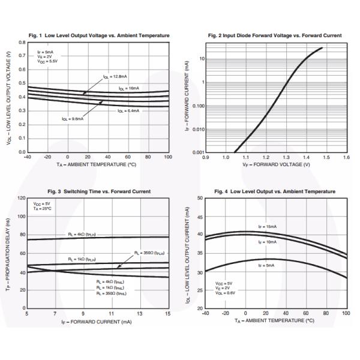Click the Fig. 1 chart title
[98, 35]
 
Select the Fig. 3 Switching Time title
[97, 191]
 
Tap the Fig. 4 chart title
[275, 191]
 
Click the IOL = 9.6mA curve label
[73, 119]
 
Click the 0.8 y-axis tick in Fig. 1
[22, 42]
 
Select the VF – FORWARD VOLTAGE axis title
[276, 164]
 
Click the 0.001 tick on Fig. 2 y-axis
[198, 152]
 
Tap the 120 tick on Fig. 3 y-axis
[21, 198]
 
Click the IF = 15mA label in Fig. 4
[268, 227]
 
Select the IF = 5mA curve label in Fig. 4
[268, 265]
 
